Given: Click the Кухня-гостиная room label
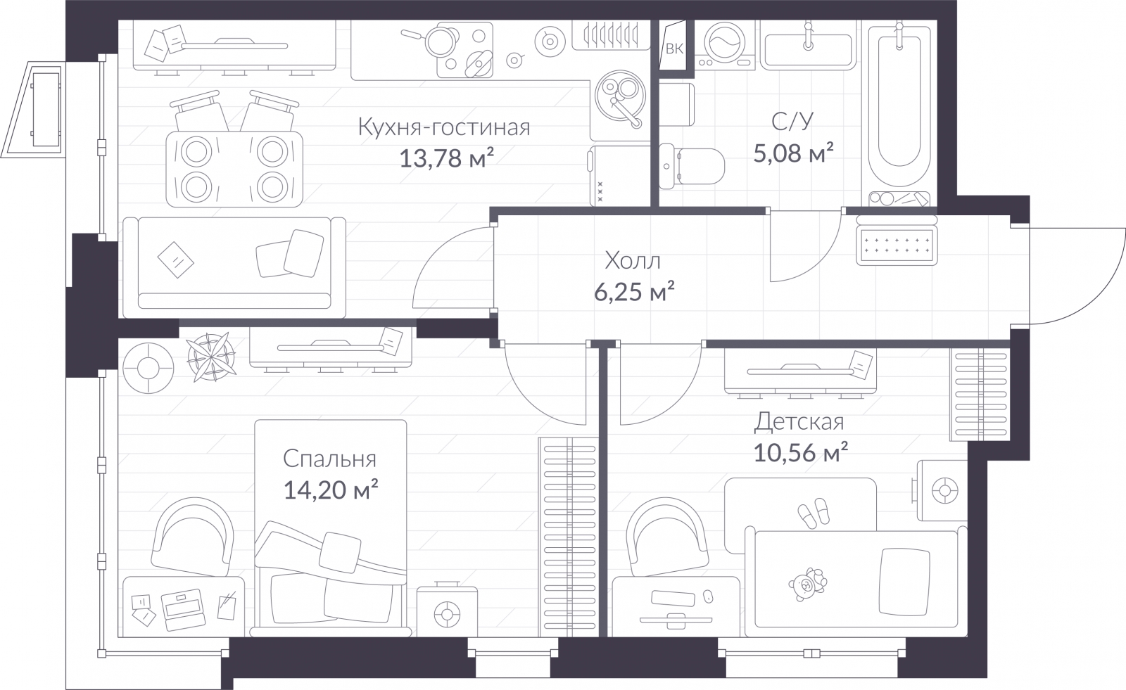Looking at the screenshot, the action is tap(444, 127).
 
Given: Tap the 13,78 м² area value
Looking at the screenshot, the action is tap(446, 158).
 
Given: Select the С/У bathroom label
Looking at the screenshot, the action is tap(792, 121).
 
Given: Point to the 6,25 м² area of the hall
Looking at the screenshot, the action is tap(634, 291).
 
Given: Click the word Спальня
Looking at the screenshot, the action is tap(329, 459).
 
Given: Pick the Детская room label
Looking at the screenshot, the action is tap(799, 422).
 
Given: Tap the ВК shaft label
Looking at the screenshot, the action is tap(674, 49).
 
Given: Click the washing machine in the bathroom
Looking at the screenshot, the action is tap(725, 44).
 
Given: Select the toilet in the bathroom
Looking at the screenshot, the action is tap(692, 166).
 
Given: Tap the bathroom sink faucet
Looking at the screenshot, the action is tap(808, 35).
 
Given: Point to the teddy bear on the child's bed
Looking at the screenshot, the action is tap(807, 584).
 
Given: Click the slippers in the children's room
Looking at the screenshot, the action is tap(814, 513).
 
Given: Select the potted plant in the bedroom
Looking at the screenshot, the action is tap(211, 357).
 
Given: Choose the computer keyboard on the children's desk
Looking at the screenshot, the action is tap(673, 598).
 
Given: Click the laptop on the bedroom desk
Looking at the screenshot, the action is tap(182, 609).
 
